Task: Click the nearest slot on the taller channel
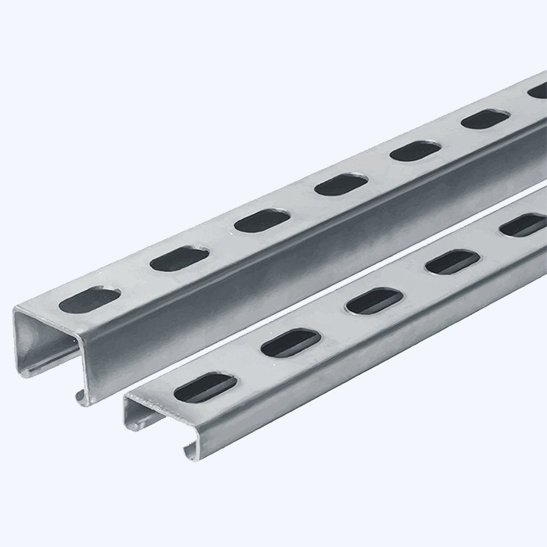point(93,299)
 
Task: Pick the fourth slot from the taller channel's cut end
point(341,184)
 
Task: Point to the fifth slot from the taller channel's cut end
point(415,149)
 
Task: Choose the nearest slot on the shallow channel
point(205,387)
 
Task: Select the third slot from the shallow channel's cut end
point(374,300)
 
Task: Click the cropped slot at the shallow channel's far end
point(524,225)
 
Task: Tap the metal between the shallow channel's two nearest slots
point(248,365)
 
